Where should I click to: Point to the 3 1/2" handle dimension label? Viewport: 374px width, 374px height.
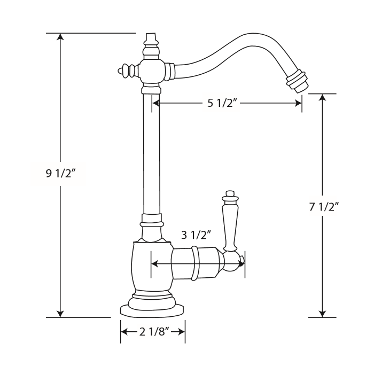[x=197, y=235]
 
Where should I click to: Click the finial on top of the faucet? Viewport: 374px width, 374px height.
[x=152, y=41]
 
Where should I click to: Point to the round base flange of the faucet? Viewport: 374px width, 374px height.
[x=152, y=308]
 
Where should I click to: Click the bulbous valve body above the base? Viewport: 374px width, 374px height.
[x=152, y=265]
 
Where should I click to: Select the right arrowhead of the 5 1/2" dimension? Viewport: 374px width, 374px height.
[x=298, y=103]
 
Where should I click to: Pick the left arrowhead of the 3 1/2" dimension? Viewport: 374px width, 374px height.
[x=155, y=263]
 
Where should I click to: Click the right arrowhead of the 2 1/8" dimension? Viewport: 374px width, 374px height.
[x=182, y=332]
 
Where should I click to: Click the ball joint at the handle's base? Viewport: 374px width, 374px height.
[x=233, y=262]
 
